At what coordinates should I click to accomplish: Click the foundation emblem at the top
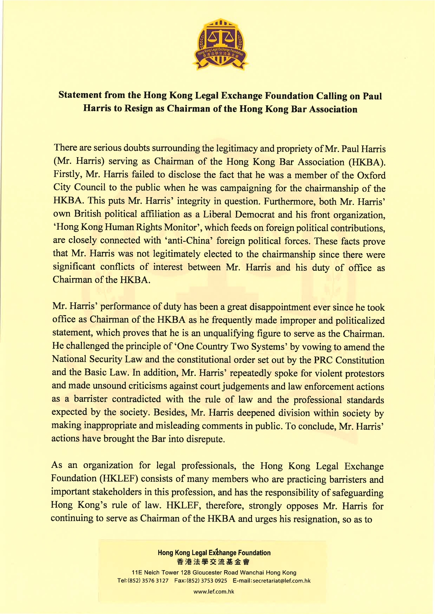(220, 45)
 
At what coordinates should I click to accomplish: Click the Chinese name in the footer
(213, 562)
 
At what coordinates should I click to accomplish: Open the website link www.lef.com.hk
(214, 592)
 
